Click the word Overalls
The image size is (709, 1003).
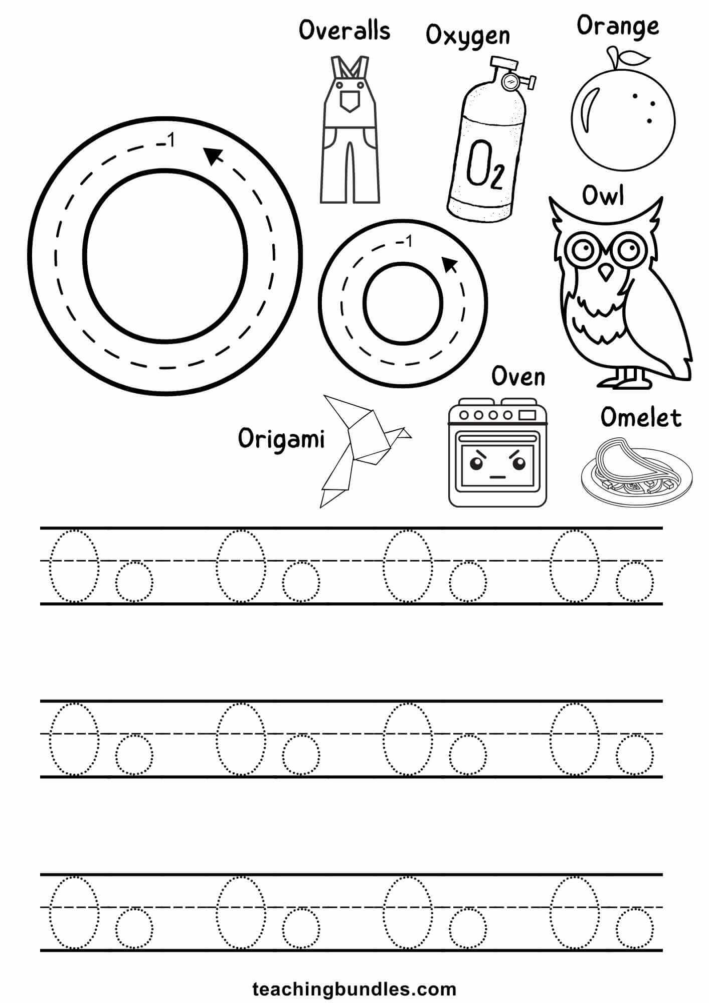344,31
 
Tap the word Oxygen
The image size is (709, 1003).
467,36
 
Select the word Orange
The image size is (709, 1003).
618,26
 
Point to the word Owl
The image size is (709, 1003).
603,196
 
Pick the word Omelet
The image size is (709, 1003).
641,417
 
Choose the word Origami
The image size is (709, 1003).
281,439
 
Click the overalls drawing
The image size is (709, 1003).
349,130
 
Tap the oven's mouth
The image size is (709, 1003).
496,477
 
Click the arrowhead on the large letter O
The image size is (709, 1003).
213,156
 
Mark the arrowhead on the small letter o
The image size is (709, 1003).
449,264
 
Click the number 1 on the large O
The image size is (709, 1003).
170,142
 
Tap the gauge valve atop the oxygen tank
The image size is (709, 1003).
512,80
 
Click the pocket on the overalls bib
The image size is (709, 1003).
349,101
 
